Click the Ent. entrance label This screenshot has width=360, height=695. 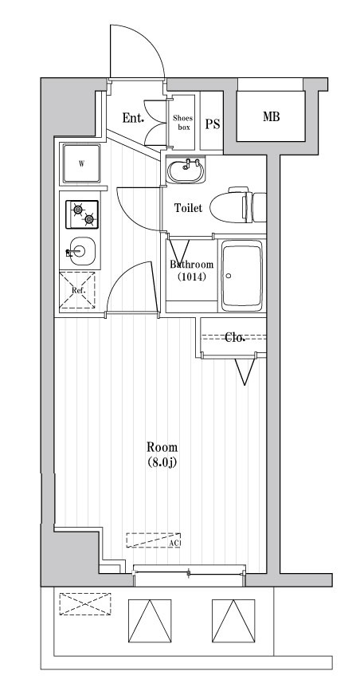(133, 119)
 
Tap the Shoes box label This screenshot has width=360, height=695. (183, 122)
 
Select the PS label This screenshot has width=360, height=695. (212, 124)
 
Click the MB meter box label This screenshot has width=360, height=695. (271, 117)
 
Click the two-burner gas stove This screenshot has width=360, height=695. (81, 214)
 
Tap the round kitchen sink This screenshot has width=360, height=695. (79, 253)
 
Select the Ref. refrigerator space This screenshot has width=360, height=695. (78, 289)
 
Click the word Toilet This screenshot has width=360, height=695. (188, 208)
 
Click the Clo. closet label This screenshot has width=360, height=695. (234, 337)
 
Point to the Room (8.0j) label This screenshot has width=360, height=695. (162, 454)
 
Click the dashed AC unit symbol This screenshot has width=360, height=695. (154, 540)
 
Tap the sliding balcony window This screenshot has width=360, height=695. (189, 571)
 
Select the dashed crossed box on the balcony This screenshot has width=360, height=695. (84, 603)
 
